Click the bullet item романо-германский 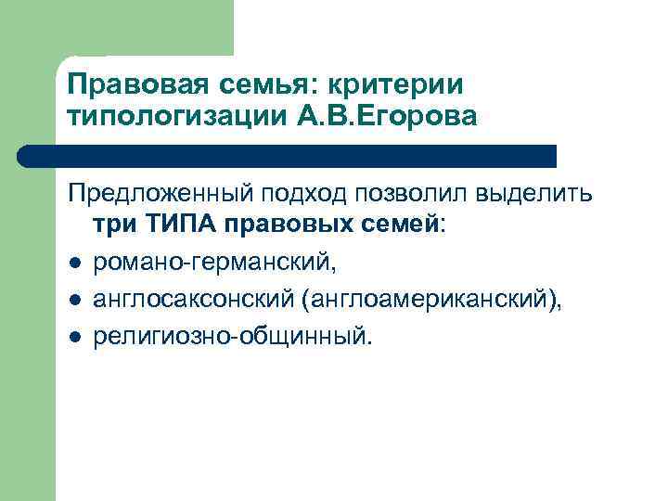pyautogui.click(x=215, y=264)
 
